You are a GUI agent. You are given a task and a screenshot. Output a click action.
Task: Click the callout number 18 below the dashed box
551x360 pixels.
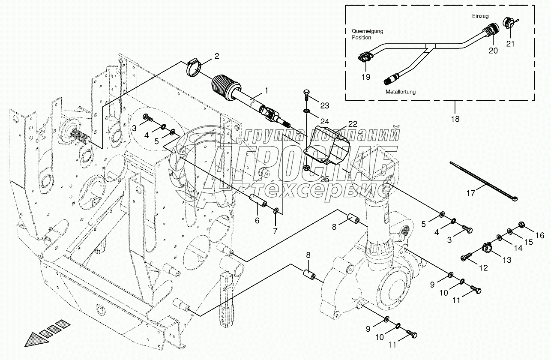click(x=455, y=119)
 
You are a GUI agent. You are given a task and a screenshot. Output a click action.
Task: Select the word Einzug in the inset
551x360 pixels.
click(x=480, y=16)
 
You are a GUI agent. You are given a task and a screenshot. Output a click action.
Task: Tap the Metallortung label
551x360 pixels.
click(x=401, y=92)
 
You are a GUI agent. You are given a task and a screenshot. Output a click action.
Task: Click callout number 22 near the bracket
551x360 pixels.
click(x=353, y=124)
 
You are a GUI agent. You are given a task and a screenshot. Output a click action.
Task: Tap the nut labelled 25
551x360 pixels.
click(x=307, y=168)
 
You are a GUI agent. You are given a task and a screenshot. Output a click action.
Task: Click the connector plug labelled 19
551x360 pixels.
click(x=364, y=57)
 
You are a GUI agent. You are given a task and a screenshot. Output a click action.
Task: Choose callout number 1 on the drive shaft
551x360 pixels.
click(x=266, y=91)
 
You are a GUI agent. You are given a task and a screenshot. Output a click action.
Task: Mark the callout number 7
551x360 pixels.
click(x=275, y=231)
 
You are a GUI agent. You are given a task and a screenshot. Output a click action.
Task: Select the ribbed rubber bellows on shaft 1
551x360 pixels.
click(x=225, y=88)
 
